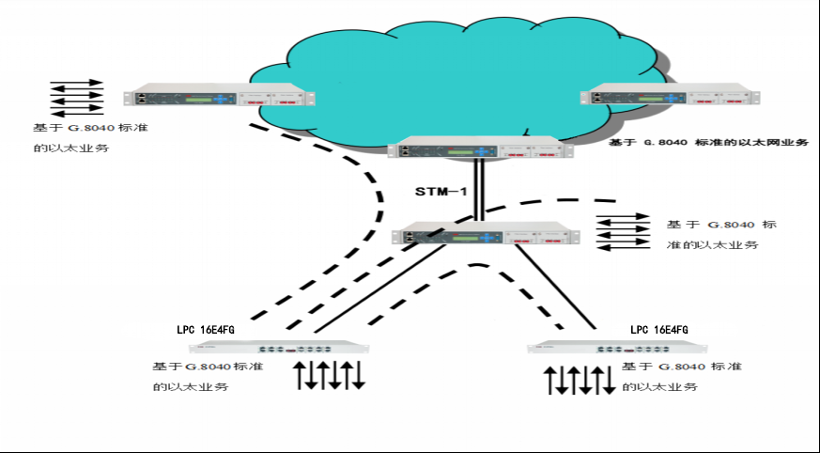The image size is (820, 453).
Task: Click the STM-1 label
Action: (441, 192)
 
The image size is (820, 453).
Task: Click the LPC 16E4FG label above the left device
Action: (206, 330)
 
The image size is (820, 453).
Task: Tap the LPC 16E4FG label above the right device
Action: (659, 330)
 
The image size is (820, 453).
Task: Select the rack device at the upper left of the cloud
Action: (219, 95)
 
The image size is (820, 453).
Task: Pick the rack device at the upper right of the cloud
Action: (670, 94)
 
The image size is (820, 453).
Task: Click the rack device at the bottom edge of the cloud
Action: (480, 147)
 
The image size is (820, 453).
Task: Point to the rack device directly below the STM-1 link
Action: (486, 233)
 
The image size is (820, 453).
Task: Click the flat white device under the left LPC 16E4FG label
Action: (279, 347)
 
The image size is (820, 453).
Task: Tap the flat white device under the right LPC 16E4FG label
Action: (617, 347)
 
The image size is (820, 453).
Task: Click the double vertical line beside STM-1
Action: (478, 190)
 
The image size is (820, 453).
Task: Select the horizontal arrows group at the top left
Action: (77, 98)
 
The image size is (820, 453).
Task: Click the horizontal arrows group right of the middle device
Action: (623, 232)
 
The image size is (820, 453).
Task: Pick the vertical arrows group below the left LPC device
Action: (329, 375)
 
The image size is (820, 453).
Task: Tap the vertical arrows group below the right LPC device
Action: (580, 380)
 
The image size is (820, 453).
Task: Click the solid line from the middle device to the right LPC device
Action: (555, 287)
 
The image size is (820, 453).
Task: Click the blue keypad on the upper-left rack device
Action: (223, 99)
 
